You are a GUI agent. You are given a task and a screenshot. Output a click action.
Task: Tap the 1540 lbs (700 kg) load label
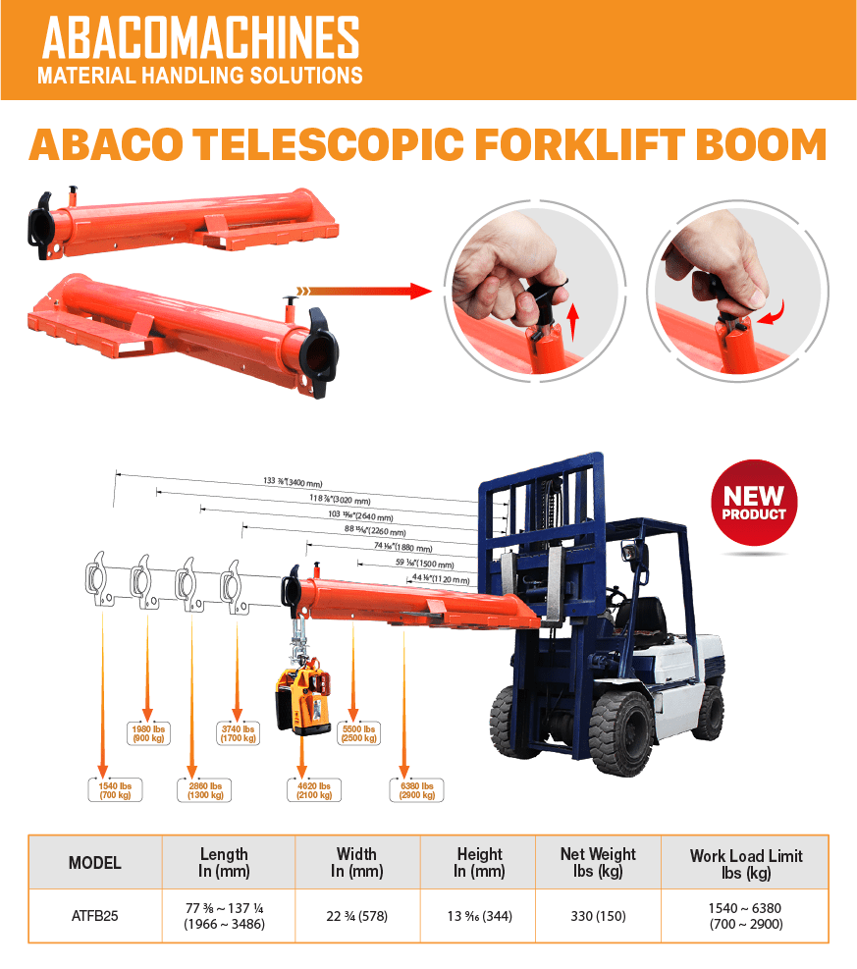110,789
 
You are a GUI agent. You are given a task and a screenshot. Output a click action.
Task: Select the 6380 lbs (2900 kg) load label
416,789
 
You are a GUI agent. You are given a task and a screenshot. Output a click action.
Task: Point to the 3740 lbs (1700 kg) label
236,733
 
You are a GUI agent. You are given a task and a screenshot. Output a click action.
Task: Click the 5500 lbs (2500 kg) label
356,733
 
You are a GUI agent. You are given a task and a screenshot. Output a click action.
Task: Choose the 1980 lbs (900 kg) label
148,733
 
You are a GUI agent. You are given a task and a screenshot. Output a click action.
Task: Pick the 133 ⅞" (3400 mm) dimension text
294,481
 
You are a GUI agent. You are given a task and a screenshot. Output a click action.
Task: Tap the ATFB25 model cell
94,916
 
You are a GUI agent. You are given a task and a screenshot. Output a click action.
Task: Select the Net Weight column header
598,862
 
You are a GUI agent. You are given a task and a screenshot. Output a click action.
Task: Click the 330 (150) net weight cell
598,916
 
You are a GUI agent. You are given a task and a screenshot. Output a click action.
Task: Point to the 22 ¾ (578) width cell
356,916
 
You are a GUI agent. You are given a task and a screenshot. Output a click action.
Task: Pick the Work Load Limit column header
746,863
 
